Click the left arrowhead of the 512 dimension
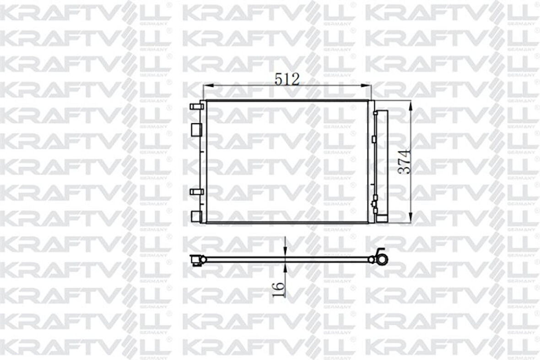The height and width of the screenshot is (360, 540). click(x=206, y=85)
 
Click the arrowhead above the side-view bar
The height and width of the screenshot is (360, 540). click(x=285, y=252)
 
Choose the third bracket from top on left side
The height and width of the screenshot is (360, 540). click(x=196, y=191)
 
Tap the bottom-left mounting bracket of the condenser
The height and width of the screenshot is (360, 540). click(x=196, y=215)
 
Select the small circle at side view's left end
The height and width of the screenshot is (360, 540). click(x=203, y=260)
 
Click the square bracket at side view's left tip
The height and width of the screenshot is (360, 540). click(x=195, y=261)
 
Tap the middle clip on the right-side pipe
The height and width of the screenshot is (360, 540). click(x=374, y=138)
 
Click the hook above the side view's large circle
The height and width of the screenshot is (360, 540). click(x=380, y=251)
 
